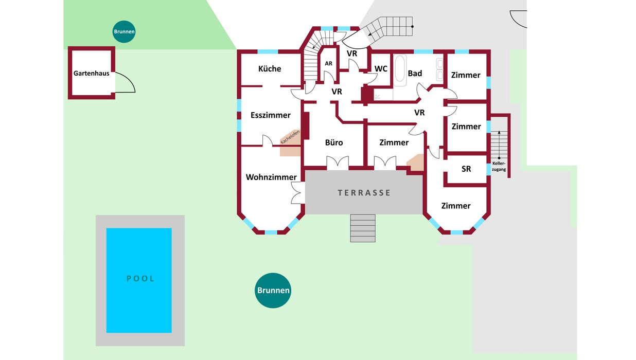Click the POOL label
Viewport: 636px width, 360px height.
pos(140,279)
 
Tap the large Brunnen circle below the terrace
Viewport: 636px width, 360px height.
pos(273,291)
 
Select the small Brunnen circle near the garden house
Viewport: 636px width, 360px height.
pos(124,32)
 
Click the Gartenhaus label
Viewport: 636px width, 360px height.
pos(91,74)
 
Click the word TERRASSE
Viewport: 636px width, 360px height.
pos(364,193)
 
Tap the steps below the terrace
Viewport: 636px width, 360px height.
pos(363,228)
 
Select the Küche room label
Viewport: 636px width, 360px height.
pos(270,68)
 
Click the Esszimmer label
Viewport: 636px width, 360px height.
pos(271,115)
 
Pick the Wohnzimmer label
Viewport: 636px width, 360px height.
pos(271,177)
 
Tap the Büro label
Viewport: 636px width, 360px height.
pos(334,142)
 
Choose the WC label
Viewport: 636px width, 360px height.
pos(381,68)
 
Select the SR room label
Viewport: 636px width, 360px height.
pos(466,169)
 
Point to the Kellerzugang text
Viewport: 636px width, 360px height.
pos(499,166)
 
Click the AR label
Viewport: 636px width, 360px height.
pos(328,63)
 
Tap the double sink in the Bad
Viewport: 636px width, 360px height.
pos(440,70)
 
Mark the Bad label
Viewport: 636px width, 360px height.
pos(415,74)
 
